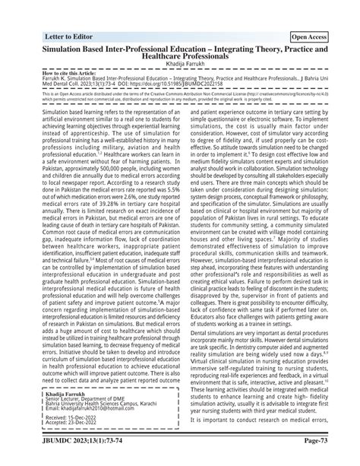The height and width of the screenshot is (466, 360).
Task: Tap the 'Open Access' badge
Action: (310, 36)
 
